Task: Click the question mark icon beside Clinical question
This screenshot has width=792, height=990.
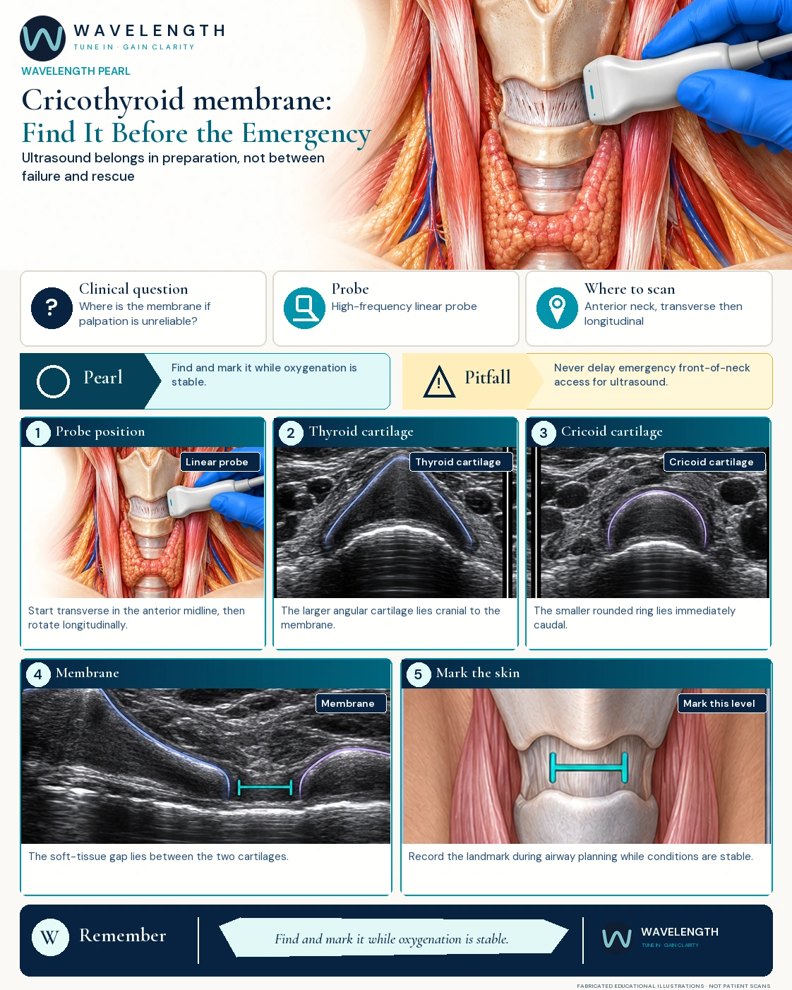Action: point(52,308)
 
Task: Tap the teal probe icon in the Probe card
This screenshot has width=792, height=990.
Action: point(304,308)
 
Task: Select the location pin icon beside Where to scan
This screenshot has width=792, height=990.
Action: point(557,308)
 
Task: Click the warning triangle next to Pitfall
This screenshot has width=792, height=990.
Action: point(439,381)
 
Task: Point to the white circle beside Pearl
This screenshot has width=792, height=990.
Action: point(53,381)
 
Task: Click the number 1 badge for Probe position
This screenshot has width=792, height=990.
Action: point(38,433)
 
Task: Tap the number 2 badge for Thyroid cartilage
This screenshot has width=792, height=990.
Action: point(291,433)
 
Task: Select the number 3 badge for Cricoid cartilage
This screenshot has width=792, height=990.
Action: point(544,433)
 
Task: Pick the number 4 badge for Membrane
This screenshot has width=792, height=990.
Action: point(38,674)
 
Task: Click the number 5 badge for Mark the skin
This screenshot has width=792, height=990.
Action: point(418,674)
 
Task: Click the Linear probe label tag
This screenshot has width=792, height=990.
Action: point(220,462)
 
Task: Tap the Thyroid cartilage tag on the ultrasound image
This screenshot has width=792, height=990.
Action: point(461,462)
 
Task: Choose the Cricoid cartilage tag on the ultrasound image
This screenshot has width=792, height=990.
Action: point(714,462)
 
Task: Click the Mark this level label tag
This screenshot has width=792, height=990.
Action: point(721,703)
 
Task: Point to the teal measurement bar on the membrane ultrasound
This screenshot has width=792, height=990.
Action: point(265,787)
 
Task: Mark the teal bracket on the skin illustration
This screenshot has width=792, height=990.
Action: point(589,768)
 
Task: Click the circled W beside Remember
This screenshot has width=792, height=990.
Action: point(50,937)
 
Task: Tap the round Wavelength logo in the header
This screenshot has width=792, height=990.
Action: point(42,39)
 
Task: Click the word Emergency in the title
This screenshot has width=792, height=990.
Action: point(306,133)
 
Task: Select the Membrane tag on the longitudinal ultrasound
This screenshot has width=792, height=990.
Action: point(351,703)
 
